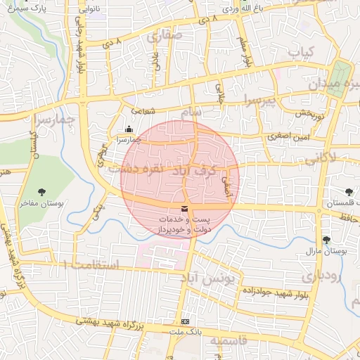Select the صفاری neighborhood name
[x=166, y=34]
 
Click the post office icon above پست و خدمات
[x=184, y=209]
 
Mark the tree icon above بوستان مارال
[x=326, y=240]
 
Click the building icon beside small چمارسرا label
[x=128, y=129]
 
